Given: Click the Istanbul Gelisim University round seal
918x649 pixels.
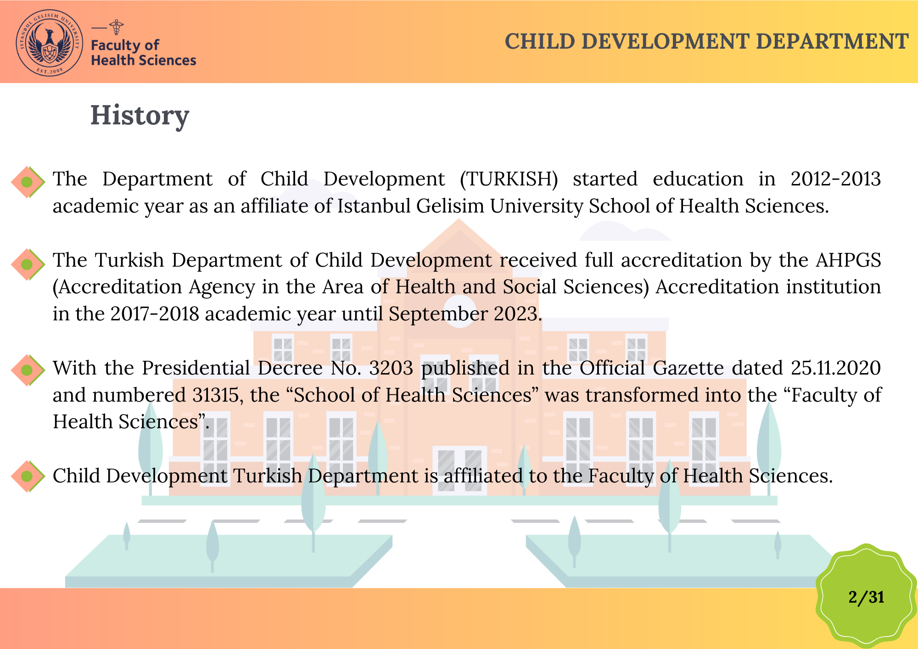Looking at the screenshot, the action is pos(50,43).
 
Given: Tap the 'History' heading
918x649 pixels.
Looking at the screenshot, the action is pos(140,116).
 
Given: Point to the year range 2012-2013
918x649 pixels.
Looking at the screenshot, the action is pos(835,179).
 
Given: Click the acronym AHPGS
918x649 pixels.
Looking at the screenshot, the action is pos(848,260).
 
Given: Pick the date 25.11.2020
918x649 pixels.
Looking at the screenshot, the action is pos(835,368).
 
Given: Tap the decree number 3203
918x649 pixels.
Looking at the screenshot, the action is pos(391,368).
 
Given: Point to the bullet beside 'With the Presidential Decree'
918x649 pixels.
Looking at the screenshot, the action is pos(28,370).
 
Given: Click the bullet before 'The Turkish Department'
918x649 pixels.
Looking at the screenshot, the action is pos(28,264).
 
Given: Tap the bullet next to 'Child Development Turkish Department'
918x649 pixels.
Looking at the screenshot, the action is pos(28,476).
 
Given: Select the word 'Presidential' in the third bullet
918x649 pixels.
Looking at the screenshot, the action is pos(196,368).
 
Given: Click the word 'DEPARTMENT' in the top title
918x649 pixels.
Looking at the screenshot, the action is pos(832,41).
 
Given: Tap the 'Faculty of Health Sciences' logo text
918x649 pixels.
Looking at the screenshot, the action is pos(143,52).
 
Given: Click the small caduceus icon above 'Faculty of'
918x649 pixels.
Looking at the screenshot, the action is pos(117,27).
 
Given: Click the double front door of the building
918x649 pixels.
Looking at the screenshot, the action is pos(459,470).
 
